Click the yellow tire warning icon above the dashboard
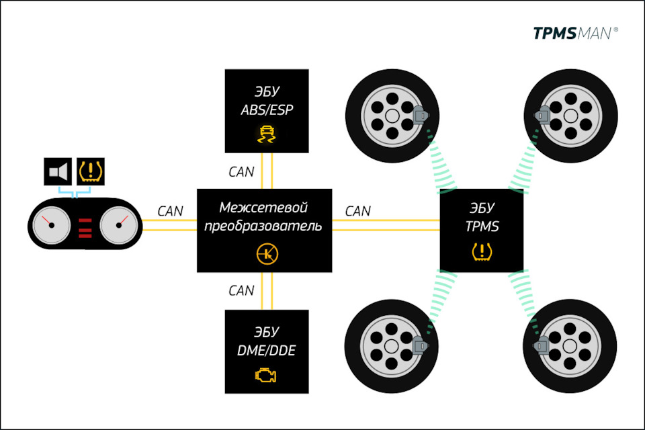[91, 172]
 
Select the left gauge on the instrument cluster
[48, 224]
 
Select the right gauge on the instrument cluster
[118, 224]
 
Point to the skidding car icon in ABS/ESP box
[266, 136]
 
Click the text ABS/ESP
[267, 110]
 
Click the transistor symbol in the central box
[267, 254]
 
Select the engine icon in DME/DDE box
[266, 375]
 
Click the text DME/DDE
[267, 350]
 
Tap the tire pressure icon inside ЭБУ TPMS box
[482, 253]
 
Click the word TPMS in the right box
[482, 226]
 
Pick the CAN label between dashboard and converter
[170, 211]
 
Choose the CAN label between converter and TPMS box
[357, 211]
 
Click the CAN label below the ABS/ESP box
[241, 171]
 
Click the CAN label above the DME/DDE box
[241, 291]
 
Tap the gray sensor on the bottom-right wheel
[542, 345]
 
